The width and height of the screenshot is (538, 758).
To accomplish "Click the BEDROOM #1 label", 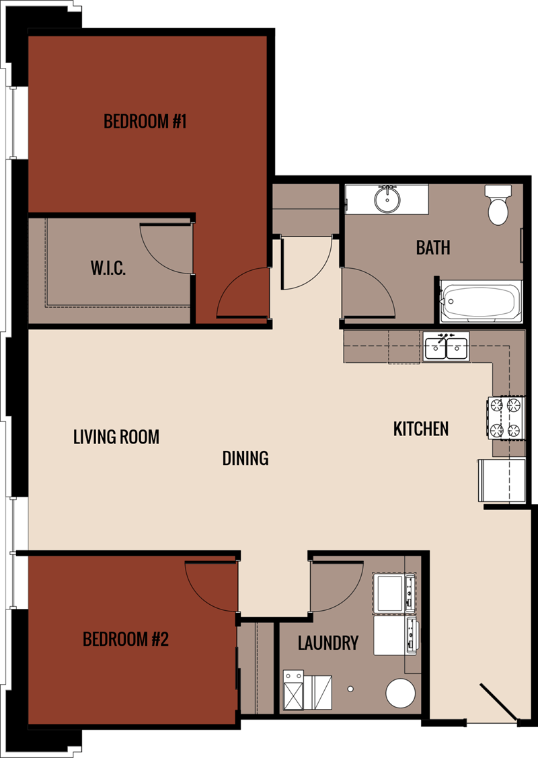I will pyautogui.click(x=145, y=122).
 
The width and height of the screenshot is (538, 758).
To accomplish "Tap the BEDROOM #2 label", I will pyautogui.click(x=126, y=638).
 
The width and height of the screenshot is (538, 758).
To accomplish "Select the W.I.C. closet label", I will pyautogui.click(x=108, y=269).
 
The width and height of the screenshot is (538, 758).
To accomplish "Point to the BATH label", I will pyautogui.click(x=433, y=247).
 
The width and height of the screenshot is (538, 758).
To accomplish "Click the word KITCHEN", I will pyautogui.click(x=421, y=428).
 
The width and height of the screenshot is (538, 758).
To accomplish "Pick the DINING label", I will pyautogui.click(x=245, y=458).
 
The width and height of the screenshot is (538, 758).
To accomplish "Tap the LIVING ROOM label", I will pyautogui.click(x=116, y=437).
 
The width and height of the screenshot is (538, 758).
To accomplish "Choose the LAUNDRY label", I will pyautogui.click(x=328, y=643).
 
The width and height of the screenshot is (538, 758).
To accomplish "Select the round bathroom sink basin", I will pyautogui.click(x=388, y=199).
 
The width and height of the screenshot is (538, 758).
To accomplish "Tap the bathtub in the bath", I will pyautogui.click(x=480, y=301).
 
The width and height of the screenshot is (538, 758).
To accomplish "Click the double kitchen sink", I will pyautogui.click(x=447, y=347).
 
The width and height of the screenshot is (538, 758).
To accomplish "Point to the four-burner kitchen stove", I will pyautogui.click(x=506, y=417).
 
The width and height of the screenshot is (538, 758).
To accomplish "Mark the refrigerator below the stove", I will pyautogui.click(x=502, y=480).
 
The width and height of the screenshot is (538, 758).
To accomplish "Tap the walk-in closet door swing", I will pyautogui.click(x=165, y=249).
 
